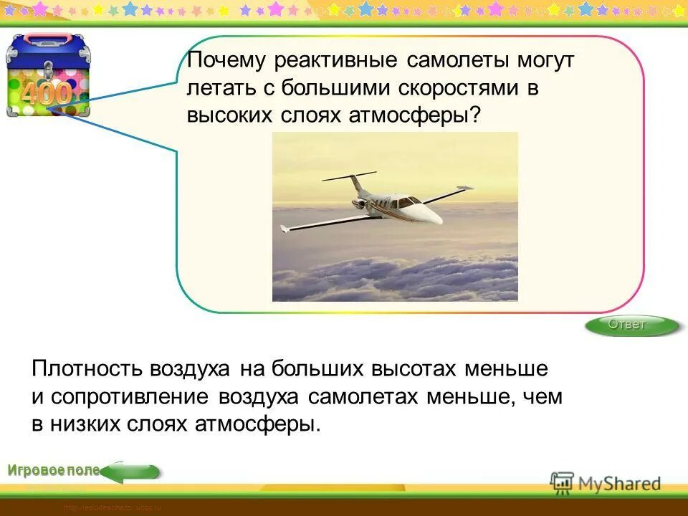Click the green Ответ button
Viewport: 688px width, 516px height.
pos(629,325)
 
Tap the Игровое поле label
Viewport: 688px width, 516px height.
pos(54,470)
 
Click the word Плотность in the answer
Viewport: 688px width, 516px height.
pos(87,370)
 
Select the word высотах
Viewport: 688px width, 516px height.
pos(414,370)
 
